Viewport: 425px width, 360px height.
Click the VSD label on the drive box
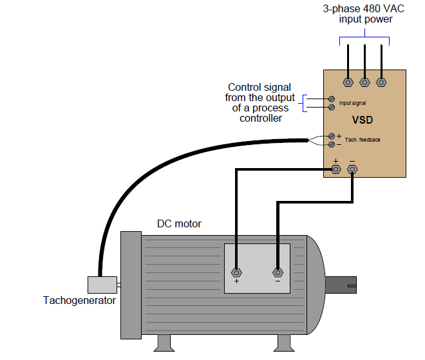pyautogui.click(x=363, y=120)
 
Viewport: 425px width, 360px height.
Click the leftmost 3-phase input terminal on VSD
pyautogui.click(x=348, y=82)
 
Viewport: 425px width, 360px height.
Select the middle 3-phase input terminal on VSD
pyautogui.click(x=364, y=82)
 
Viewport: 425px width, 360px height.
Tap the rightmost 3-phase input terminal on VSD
pyautogui.click(x=381, y=82)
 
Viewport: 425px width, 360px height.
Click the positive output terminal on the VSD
pyautogui.click(x=335, y=170)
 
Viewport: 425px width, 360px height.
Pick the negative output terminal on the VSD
pyautogui.click(x=352, y=170)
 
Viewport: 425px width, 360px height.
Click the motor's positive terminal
pyautogui.click(x=237, y=272)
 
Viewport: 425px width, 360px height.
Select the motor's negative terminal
pyautogui.click(x=278, y=272)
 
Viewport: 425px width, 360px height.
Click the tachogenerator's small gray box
pyautogui.click(x=101, y=285)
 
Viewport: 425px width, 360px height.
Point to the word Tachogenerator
pyautogui.click(x=79, y=300)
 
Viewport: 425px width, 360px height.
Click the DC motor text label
pyautogui.click(x=179, y=223)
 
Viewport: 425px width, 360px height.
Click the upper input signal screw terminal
pyautogui.click(x=332, y=99)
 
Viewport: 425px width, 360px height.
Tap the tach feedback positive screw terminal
pyautogui.click(x=332, y=136)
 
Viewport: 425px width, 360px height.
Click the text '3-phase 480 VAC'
pyautogui.click(x=365, y=9)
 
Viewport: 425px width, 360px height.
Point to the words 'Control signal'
pyautogui.click(x=259, y=87)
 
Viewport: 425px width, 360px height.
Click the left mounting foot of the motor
pyautogui.click(x=165, y=343)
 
